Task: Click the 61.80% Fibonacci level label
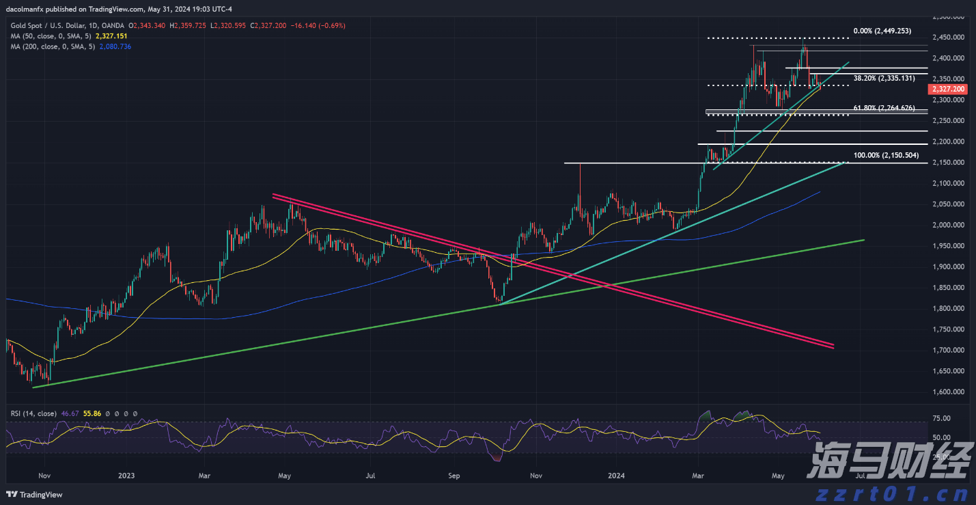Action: pyautogui.click(x=884, y=108)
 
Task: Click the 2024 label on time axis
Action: pyautogui.click(x=617, y=475)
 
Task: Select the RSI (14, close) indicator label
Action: pyautogui.click(x=32, y=413)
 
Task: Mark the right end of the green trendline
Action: pyautogui.click(x=865, y=240)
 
